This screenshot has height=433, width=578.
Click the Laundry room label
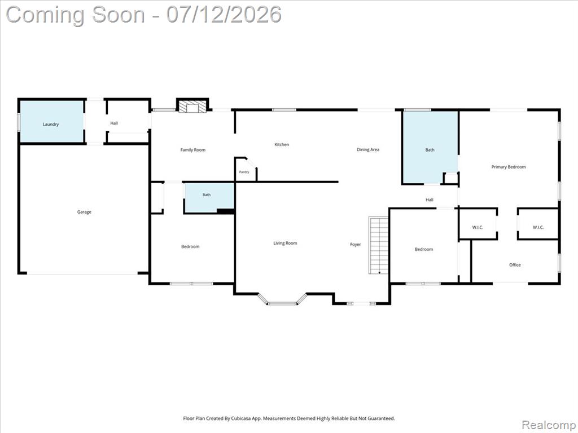click(50, 125)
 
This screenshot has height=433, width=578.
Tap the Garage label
click(84, 212)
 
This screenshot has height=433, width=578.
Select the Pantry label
click(244, 172)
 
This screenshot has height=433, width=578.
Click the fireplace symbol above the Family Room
click(192, 107)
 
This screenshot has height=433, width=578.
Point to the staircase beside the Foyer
click(379, 245)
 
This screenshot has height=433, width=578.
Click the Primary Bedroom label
click(509, 167)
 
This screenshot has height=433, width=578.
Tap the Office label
click(515, 265)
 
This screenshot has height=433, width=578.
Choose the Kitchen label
click(282, 145)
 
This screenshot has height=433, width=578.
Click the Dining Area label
click(368, 149)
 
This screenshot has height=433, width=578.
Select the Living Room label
click(285, 243)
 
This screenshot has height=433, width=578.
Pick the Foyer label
click(356, 245)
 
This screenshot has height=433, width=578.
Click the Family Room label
click(193, 150)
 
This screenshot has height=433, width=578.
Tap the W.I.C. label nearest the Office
click(538, 227)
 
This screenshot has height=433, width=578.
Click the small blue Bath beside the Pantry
click(209, 198)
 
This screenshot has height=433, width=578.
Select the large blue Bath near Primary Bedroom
click(430, 147)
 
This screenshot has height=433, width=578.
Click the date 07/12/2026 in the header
click(224, 15)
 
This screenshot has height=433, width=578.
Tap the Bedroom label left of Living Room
click(190, 247)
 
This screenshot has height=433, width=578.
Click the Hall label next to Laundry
click(114, 123)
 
